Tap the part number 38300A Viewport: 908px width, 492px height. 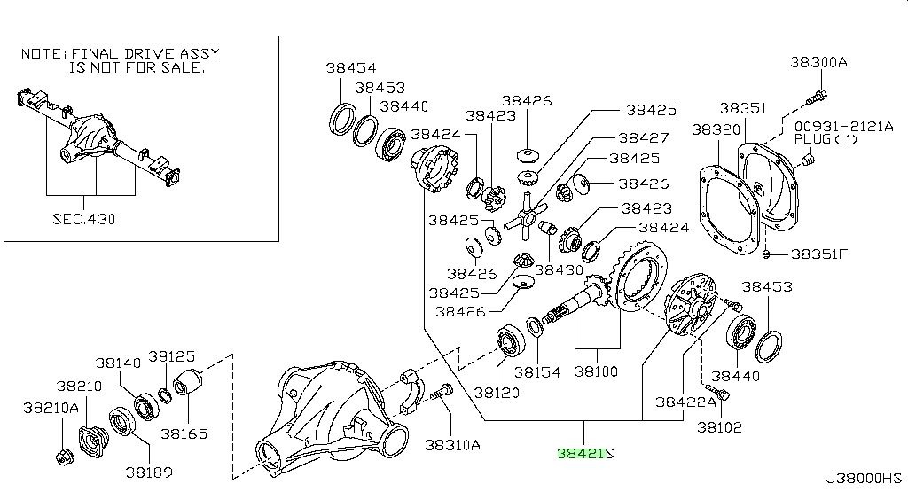click(818, 62)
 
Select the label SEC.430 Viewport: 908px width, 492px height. click(86, 218)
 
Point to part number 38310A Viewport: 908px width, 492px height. click(451, 445)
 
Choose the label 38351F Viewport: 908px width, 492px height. click(819, 254)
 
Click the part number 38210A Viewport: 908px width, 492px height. click(51, 407)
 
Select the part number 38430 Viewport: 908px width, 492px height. click(560, 270)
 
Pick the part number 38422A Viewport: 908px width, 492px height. click(685, 402)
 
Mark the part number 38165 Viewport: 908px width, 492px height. click(184, 434)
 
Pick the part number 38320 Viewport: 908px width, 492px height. click(715, 129)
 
